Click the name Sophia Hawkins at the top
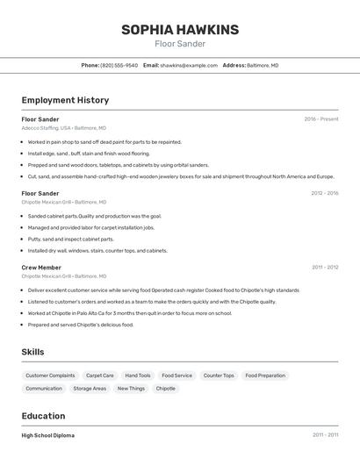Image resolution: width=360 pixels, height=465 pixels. [x=180, y=30]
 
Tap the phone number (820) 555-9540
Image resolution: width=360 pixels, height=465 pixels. [x=119, y=65]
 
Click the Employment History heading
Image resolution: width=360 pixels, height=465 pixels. [x=65, y=100]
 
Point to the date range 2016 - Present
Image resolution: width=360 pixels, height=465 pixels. [x=321, y=119]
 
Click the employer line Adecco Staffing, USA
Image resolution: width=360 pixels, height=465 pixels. [x=63, y=128]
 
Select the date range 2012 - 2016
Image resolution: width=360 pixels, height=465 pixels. [x=324, y=193]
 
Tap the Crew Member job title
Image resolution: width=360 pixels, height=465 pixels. [x=41, y=267]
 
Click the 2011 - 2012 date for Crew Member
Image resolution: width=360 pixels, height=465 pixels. [x=325, y=267]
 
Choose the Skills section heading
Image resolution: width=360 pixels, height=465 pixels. [x=33, y=352]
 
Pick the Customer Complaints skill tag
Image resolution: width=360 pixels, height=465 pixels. [x=50, y=376]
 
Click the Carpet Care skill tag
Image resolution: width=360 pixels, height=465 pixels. [x=100, y=376]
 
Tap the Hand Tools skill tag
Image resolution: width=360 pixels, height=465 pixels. [x=138, y=376]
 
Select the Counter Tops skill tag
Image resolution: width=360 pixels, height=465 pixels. [x=219, y=376]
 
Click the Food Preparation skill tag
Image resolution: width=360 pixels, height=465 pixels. [x=265, y=376]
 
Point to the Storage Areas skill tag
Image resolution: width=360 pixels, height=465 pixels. [x=90, y=388]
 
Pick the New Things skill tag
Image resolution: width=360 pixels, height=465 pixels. [x=131, y=388]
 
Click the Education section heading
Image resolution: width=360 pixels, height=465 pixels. [x=43, y=416]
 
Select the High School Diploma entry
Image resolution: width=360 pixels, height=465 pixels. [x=48, y=435]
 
